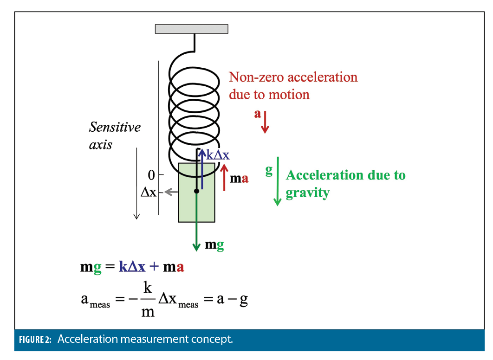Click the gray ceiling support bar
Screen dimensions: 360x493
click(191, 29)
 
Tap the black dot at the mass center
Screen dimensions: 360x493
click(197, 191)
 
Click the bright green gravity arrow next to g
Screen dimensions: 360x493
click(277, 181)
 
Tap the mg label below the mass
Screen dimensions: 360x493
click(214, 245)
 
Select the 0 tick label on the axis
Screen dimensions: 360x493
click(151, 175)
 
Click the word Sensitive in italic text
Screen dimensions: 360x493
click(115, 127)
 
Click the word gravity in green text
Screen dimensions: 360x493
click(307, 192)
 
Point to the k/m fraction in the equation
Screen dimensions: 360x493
click(147, 300)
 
